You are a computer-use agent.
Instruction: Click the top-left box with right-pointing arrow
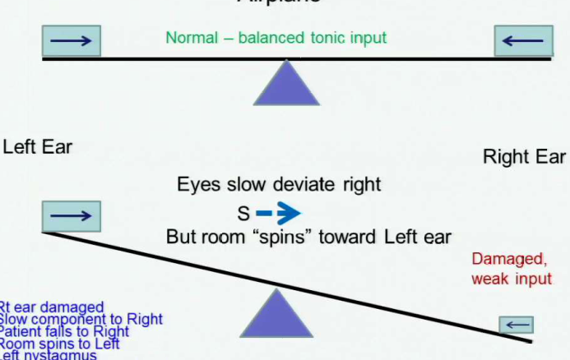point(71,40)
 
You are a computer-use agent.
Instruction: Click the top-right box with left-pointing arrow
point(521,40)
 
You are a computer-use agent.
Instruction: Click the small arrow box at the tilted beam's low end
point(517,324)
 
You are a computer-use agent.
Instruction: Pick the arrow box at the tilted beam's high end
point(71,215)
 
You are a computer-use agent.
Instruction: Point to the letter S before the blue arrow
point(243,214)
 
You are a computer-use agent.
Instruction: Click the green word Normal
point(190,38)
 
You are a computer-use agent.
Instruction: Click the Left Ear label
point(37,147)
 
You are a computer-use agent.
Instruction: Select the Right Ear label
point(524,156)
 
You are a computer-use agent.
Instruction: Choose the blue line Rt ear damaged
point(51,307)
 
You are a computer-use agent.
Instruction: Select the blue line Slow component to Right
point(81,320)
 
